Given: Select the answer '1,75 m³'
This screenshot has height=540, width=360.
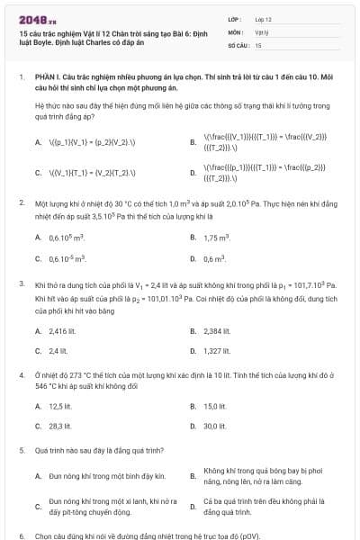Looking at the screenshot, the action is (218, 238).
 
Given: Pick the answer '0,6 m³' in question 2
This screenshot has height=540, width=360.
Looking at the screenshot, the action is (214, 259).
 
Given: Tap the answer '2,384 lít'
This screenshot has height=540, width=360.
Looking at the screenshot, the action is (217, 330).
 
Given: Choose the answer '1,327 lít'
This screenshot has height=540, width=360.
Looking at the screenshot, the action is (217, 351).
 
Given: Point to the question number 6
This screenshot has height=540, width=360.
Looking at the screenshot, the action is (21, 535).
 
